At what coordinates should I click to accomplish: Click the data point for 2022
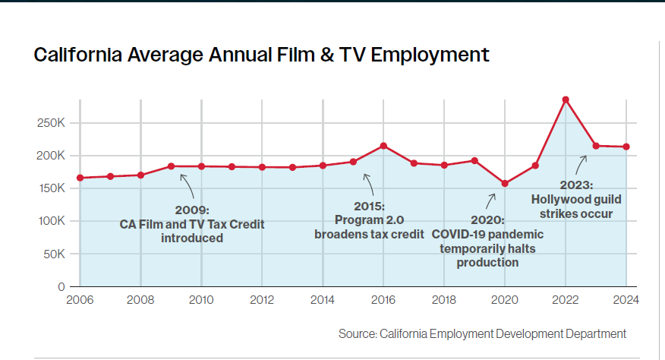(x=566, y=99)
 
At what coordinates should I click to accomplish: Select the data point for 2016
(x=383, y=146)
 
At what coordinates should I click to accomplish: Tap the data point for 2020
(x=505, y=183)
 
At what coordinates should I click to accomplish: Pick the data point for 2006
(x=80, y=178)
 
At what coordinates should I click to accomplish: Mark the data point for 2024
(x=626, y=147)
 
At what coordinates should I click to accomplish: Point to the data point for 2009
(x=171, y=166)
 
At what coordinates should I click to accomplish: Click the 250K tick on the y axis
(x=52, y=122)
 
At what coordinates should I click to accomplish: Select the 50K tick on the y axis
(x=55, y=254)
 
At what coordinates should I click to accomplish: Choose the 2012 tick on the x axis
(x=262, y=299)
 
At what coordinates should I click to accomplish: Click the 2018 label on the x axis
(x=444, y=299)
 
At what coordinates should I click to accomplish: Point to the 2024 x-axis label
(x=625, y=299)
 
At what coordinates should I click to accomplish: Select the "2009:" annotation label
(x=191, y=210)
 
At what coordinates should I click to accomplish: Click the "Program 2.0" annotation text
(x=369, y=220)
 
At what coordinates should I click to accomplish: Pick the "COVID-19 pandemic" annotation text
(x=487, y=235)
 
